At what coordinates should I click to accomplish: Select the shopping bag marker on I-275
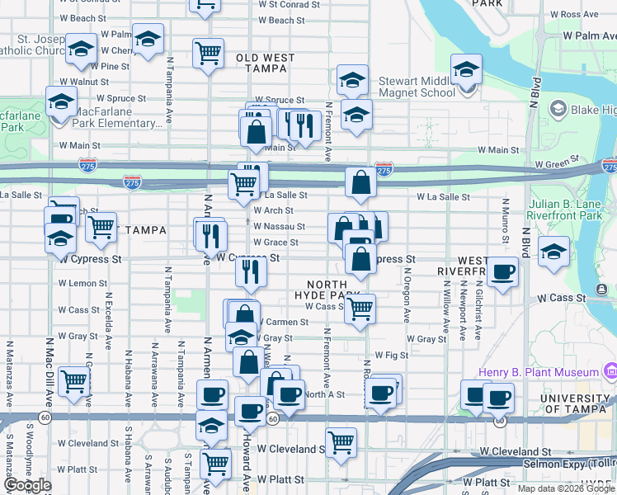coord(361,182)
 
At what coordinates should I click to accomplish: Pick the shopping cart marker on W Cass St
coord(360,309)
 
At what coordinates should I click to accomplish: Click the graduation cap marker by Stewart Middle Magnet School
coord(466,69)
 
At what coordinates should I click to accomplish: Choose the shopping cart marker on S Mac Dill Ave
coord(74,381)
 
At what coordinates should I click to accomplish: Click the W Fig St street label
coord(392,355)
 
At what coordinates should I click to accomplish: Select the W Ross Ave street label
coord(577,14)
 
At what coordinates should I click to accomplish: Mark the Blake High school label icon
coord(558,110)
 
